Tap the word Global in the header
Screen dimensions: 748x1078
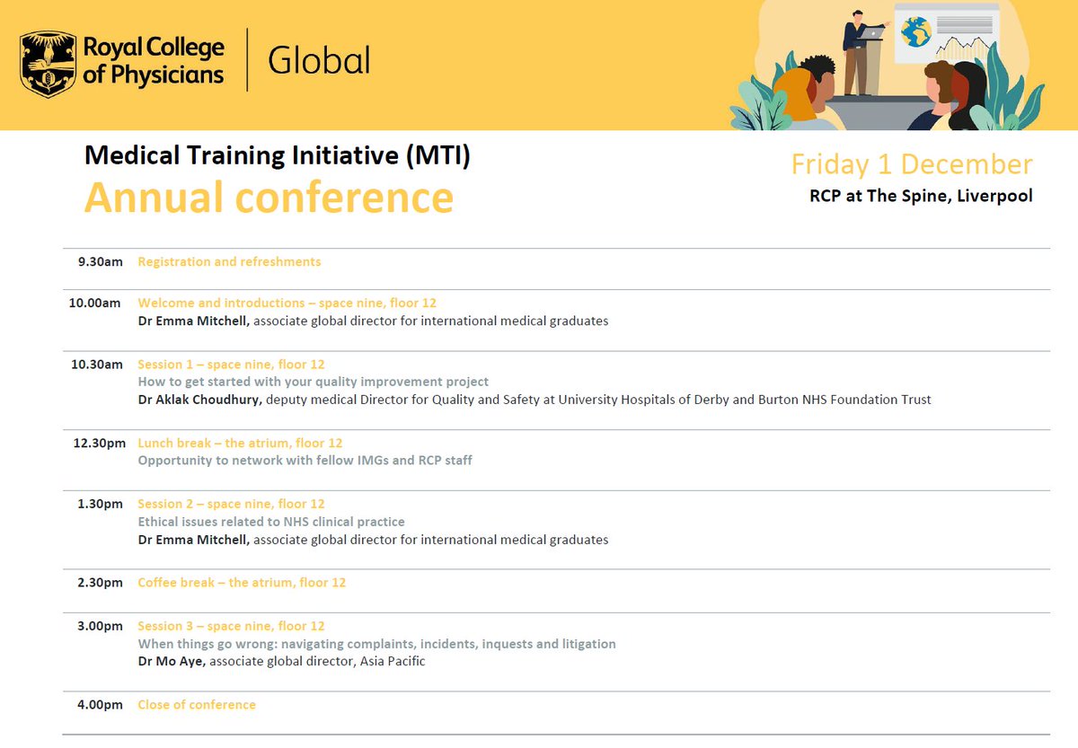[319, 61]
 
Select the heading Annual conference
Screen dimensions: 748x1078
[269, 198]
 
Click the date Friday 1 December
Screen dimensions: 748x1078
[911, 164]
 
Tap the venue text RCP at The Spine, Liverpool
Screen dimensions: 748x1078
[921, 196]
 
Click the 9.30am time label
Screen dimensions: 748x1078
[101, 262]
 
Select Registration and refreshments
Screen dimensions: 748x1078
[229, 262]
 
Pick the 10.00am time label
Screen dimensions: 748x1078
[95, 304]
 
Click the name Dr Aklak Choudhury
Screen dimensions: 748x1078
[199, 400]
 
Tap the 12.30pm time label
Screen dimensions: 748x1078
[98, 444]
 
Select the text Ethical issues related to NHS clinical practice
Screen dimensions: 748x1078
[271, 522]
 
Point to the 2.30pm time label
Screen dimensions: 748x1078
[101, 583]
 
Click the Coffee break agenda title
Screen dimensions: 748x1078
[242, 583]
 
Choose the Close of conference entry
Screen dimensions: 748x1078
[197, 705]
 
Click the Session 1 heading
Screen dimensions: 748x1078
[231, 365]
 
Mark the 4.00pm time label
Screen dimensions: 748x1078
[101, 705]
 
